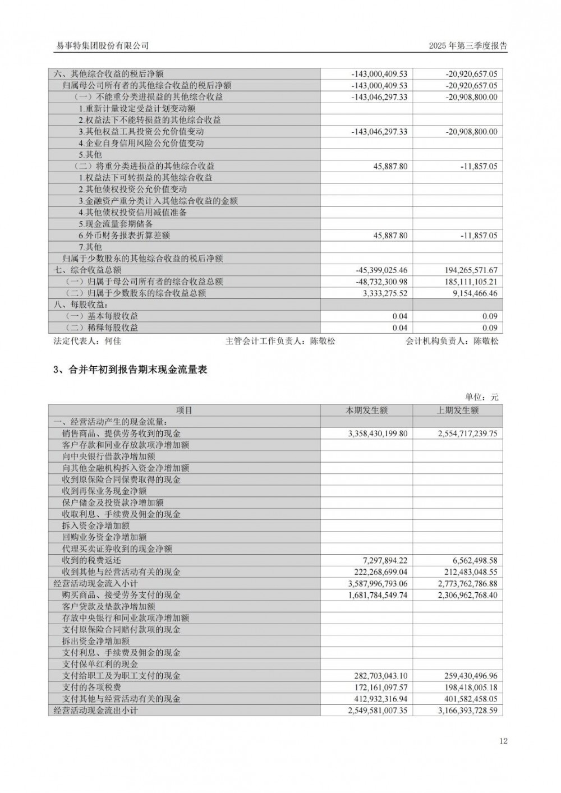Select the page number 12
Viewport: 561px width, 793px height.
pos(503,741)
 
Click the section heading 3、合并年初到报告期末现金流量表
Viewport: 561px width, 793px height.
pos(130,370)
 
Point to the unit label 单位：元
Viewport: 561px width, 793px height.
pos(482,397)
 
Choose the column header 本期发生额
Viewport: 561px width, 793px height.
pos(366,411)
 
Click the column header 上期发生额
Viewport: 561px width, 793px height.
pos(458,411)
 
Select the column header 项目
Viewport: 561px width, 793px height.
pos(184,411)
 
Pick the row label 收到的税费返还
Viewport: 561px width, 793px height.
pos(91,560)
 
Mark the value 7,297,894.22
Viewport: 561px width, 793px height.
pos(385,560)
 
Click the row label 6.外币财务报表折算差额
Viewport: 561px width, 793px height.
pos(124,236)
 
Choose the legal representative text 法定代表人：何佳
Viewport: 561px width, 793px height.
pos(87,341)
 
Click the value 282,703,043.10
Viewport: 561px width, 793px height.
pos(381,676)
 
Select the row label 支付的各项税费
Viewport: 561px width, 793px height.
pos(91,688)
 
